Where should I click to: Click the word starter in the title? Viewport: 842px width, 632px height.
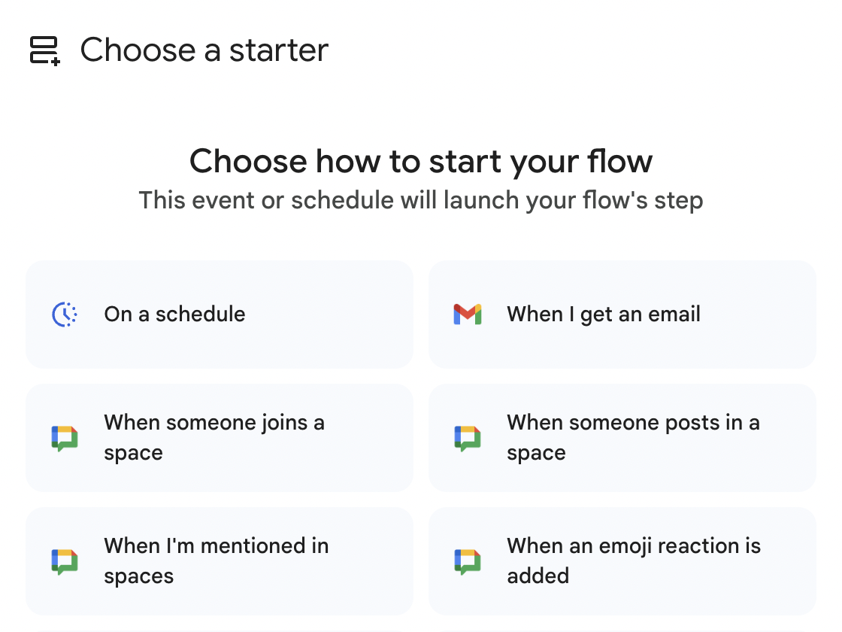coord(279,50)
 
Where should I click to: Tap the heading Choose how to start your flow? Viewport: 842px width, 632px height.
coord(421,161)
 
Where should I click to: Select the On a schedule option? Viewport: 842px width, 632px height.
coord(220,314)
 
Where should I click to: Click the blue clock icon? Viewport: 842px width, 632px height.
coord(65,314)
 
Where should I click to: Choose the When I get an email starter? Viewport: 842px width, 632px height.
coord(622,314)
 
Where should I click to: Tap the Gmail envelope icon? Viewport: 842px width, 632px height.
coord(468,314)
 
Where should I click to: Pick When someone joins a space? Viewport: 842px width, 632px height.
coord(220,438)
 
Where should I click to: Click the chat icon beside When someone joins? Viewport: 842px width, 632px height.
coord(65,438)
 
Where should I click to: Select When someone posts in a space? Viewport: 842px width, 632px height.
coord(622,438)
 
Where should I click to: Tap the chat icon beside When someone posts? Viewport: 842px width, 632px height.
coord(468,438)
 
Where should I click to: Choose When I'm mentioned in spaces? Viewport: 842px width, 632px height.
coord(220,561)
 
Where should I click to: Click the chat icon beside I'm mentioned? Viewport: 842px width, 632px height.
coord(65,561)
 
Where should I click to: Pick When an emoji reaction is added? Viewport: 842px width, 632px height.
coord(622,561)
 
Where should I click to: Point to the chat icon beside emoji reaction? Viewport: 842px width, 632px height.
coord(468,561)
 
